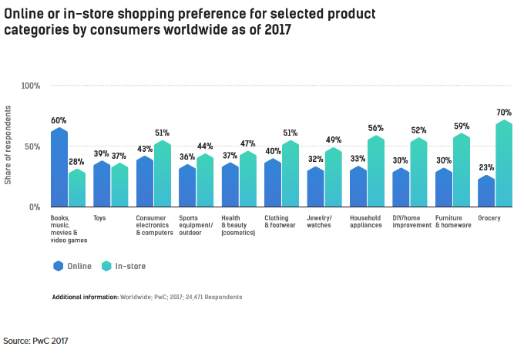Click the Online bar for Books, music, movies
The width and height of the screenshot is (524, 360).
[x=59, y=168]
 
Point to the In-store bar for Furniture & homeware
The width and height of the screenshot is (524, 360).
[x=462, y=170]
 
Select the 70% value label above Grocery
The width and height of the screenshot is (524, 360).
[x=505, y=113]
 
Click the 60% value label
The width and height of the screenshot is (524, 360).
[x=59, y=120]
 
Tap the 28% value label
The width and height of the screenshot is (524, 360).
[x=76, y=161]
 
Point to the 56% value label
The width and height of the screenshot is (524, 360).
[x=376, y=128]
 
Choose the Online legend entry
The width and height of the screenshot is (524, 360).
[x=72, y=266]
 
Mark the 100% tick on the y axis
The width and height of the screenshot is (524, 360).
[x=30, y=86]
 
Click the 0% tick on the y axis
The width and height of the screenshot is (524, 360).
[x=34, y=207]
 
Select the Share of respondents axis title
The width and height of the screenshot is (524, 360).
[x=8, y=146]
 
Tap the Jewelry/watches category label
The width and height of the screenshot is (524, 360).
[x=319, y=222]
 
